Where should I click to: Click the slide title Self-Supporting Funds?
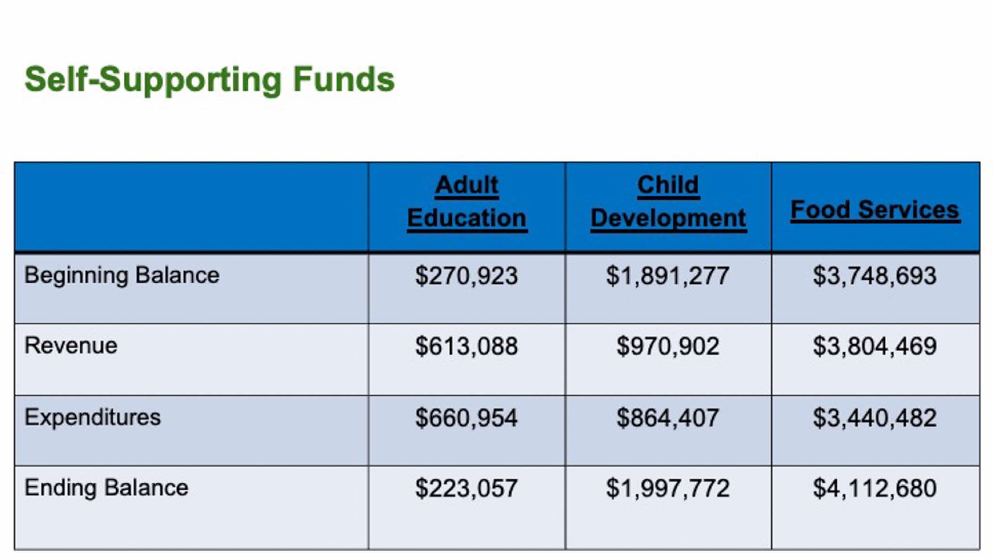209,80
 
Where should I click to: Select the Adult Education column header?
467,201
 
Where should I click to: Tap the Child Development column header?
668,201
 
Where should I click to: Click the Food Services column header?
875,210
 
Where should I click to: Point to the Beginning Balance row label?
122,276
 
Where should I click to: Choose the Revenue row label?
71,346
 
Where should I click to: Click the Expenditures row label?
93,417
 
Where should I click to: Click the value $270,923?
466,276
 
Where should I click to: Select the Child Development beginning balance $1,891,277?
668,276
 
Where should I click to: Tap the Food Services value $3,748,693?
875,276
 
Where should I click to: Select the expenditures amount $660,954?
466,418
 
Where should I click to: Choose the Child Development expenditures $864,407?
668,418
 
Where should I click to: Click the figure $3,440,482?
875,418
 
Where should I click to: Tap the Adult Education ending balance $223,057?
466,488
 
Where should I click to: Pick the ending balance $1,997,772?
668,488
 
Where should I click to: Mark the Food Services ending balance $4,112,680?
875,488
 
